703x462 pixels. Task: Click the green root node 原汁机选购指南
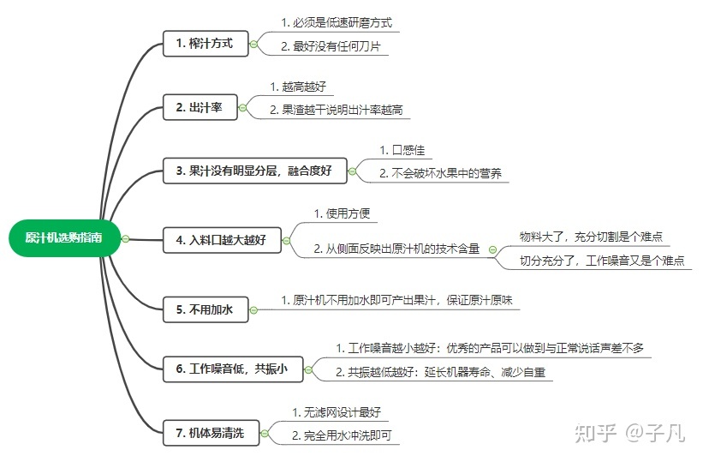pos(64,238)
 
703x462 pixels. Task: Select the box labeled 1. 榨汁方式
pos(206,44)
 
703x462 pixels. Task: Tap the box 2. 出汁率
pos(200,107)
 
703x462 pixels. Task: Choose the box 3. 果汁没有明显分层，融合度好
pos(254,171)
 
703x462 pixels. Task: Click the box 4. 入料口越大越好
pos(222,240)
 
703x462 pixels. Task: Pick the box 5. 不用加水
pos(206,309)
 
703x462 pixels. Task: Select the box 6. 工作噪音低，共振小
pos(233,369)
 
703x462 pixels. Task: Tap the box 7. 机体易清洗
pos(211,433)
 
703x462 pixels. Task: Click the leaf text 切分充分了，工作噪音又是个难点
pos(602,261)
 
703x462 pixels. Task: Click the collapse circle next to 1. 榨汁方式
pos(253,44)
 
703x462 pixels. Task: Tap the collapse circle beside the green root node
pos(126,239)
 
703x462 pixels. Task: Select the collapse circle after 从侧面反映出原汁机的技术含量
pos(492,249)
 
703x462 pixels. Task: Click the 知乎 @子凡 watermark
pos(630,433)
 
